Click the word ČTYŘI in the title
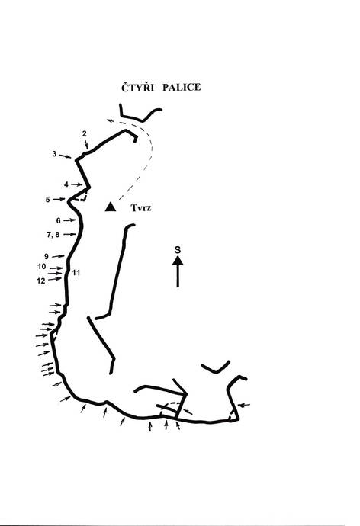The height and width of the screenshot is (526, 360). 137,87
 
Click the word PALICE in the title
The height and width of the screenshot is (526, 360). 182,87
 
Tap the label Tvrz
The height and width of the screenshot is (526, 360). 141,208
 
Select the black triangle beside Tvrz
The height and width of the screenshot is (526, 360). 111,207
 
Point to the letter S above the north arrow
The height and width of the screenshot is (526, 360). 178,250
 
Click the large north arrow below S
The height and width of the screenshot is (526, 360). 178,271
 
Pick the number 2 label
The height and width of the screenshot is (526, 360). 84,133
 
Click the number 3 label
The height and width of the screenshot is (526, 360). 54,154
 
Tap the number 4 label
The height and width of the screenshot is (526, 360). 66,184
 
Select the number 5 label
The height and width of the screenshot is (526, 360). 47,200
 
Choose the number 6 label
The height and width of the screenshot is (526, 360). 59,220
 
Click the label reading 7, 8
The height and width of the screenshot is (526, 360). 53,235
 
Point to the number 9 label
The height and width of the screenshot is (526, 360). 47,257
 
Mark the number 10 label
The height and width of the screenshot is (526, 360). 42,267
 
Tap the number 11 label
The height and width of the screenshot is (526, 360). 76,273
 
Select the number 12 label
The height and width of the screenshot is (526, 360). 41,281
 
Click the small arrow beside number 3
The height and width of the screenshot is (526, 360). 65,156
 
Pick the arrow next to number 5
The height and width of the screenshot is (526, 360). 59,199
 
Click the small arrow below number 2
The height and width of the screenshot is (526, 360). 86,144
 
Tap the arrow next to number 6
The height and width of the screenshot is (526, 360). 69,220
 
